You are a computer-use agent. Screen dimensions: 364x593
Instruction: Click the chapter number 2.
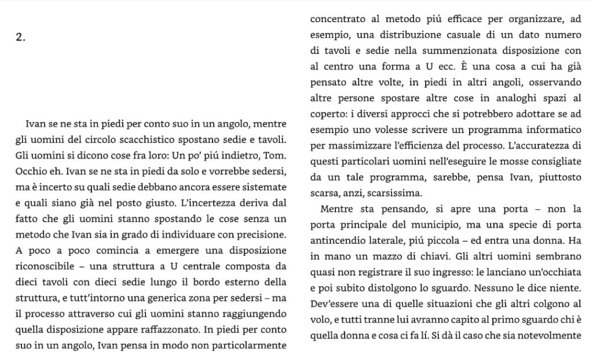(x=21, y=38)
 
